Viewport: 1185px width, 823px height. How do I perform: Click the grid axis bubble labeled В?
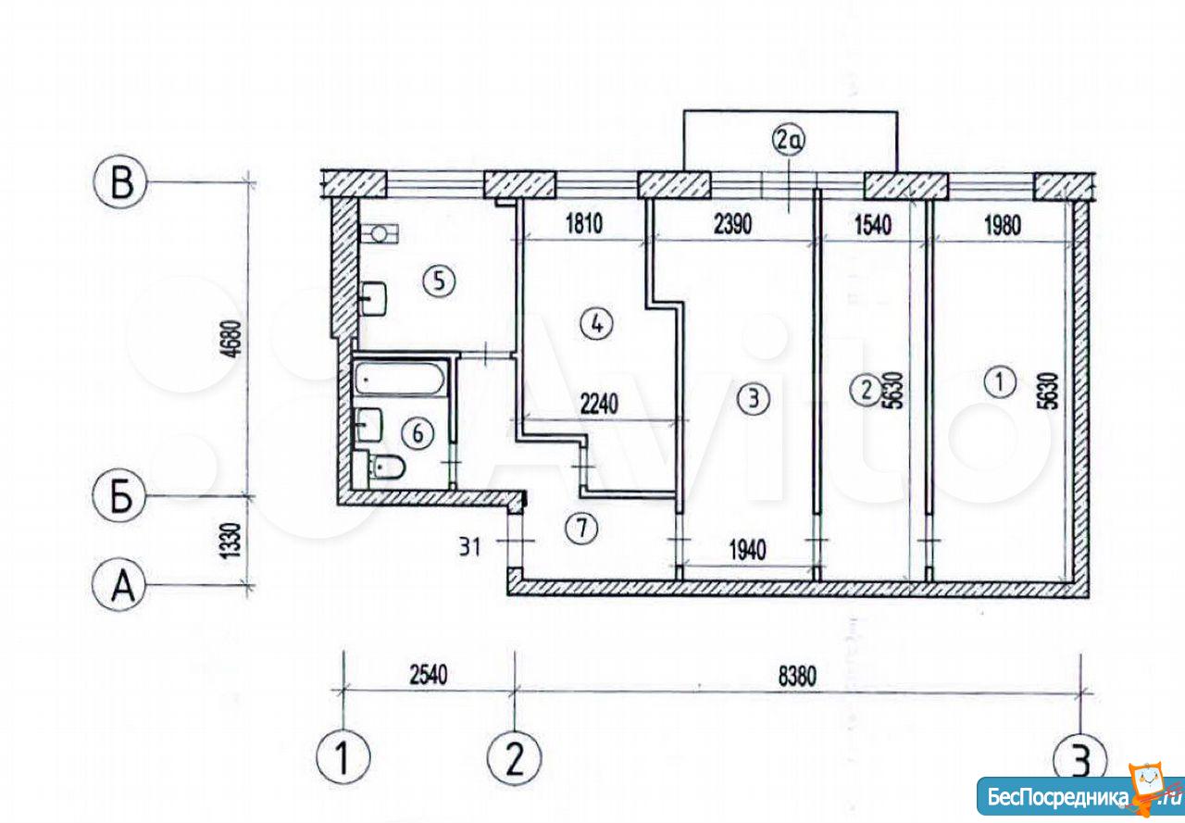(x=120, y=183)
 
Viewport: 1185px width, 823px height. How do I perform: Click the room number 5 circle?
(x=439, y=281)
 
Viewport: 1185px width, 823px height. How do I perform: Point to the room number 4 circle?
(x=596, y=324)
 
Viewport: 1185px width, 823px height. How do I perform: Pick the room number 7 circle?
(x=581, y=528)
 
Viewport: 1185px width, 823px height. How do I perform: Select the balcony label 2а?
(x=789, y=141)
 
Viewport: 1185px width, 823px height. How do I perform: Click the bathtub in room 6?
(x=400, y=379)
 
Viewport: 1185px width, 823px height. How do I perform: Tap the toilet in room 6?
(x=385, y=467)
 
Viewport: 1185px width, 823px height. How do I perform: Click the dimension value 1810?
(x=584, y=224)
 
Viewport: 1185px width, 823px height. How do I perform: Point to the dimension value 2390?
(x=732, y=224)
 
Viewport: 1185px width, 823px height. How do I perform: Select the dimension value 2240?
(x=599, y=405)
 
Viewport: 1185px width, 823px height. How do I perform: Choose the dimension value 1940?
(x=747, y=551)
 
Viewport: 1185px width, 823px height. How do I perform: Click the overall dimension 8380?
(x=797, y=677)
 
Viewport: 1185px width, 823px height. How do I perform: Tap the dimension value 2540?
(x=428, y=675)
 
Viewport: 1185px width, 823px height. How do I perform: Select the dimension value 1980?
(x=1002, y=226)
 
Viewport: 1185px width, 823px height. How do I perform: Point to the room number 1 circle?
(x=999, y=381)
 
